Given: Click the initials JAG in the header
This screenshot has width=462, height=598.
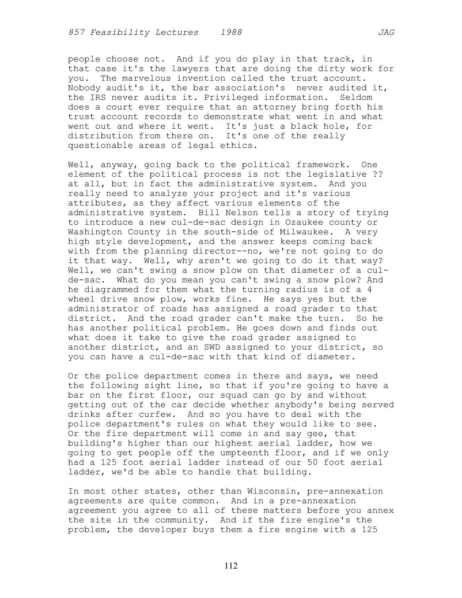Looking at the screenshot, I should [386, 32].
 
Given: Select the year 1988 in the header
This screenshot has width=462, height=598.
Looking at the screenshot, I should [231, 32].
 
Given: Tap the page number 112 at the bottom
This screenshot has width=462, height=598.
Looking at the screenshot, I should [231, 566].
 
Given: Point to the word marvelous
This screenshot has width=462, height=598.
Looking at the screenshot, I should [144, 78].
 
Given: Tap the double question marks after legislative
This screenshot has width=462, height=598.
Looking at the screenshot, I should [377, 175].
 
